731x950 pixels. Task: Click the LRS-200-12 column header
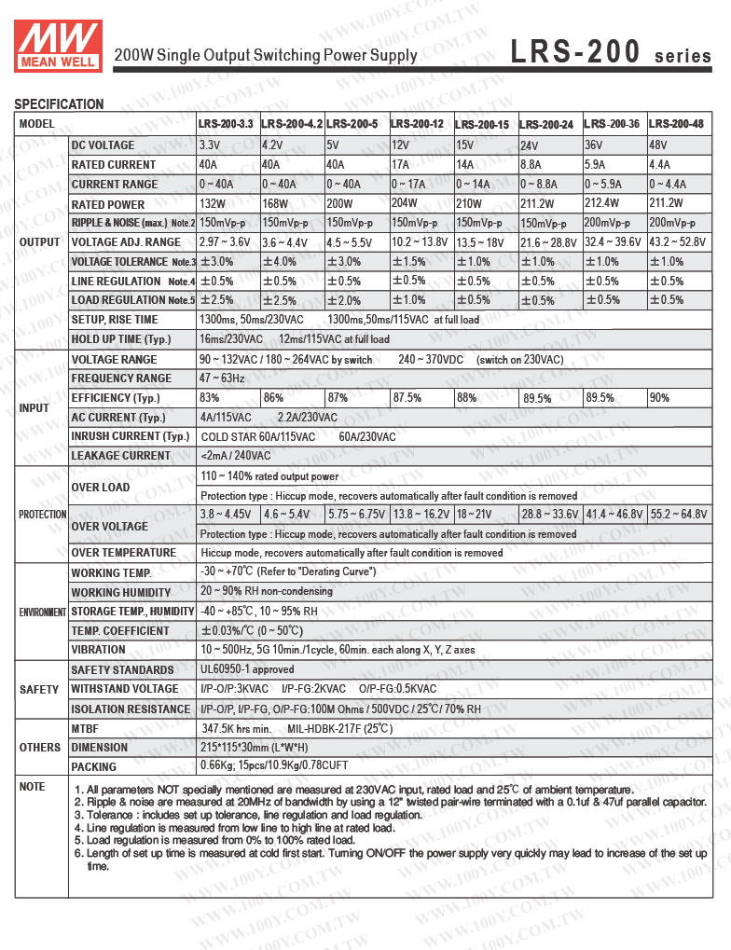point(417,124)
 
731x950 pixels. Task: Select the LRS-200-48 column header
point(676,124)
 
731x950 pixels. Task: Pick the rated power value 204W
point(405,204)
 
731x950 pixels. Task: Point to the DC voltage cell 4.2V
point(272,145)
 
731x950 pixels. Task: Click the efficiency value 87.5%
point(407,398)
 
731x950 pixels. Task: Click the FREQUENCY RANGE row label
point(121,379)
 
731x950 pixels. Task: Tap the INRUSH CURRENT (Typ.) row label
point(131,436)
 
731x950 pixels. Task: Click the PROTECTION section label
point(43,515)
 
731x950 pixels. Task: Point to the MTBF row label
point(85,728)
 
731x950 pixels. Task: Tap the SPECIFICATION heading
point(59,104)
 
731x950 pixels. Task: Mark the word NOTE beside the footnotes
point(33,787)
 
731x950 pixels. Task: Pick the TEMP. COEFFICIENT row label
point(120,631)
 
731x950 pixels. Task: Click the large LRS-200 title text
point(575,54)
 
